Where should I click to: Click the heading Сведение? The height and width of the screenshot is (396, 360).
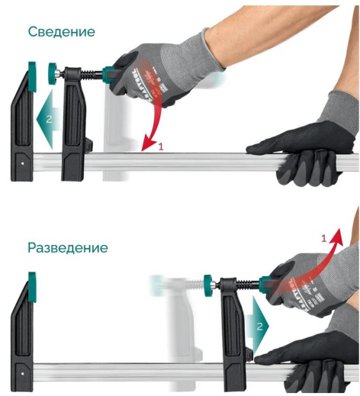click(61, 32)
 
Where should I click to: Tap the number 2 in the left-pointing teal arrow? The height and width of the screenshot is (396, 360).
click(47, 119)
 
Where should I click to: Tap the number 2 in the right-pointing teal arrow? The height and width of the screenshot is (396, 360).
click(260, 325)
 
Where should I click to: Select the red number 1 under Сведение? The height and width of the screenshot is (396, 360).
click(161, 146)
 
